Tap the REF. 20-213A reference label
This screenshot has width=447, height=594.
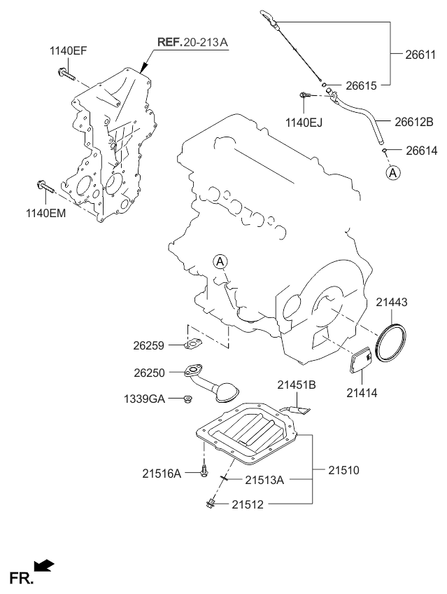(192, 43)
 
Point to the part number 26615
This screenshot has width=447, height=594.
(361, 85)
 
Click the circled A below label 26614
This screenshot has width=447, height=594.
(392, 172)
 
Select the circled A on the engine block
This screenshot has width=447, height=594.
(220, 263)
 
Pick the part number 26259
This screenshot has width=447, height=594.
(148, 345)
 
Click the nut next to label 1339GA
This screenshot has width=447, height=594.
(187, 399)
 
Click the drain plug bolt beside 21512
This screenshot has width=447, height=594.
(211, 502)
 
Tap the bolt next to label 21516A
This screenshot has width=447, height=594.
(203, 473)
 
